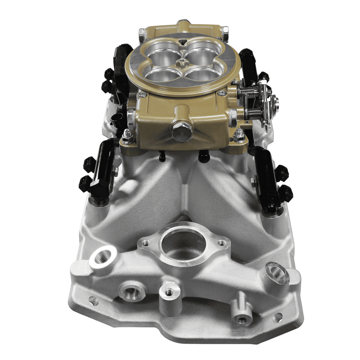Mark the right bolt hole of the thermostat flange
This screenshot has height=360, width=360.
coord(220,243)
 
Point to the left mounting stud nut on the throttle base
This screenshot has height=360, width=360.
coord(126,135)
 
